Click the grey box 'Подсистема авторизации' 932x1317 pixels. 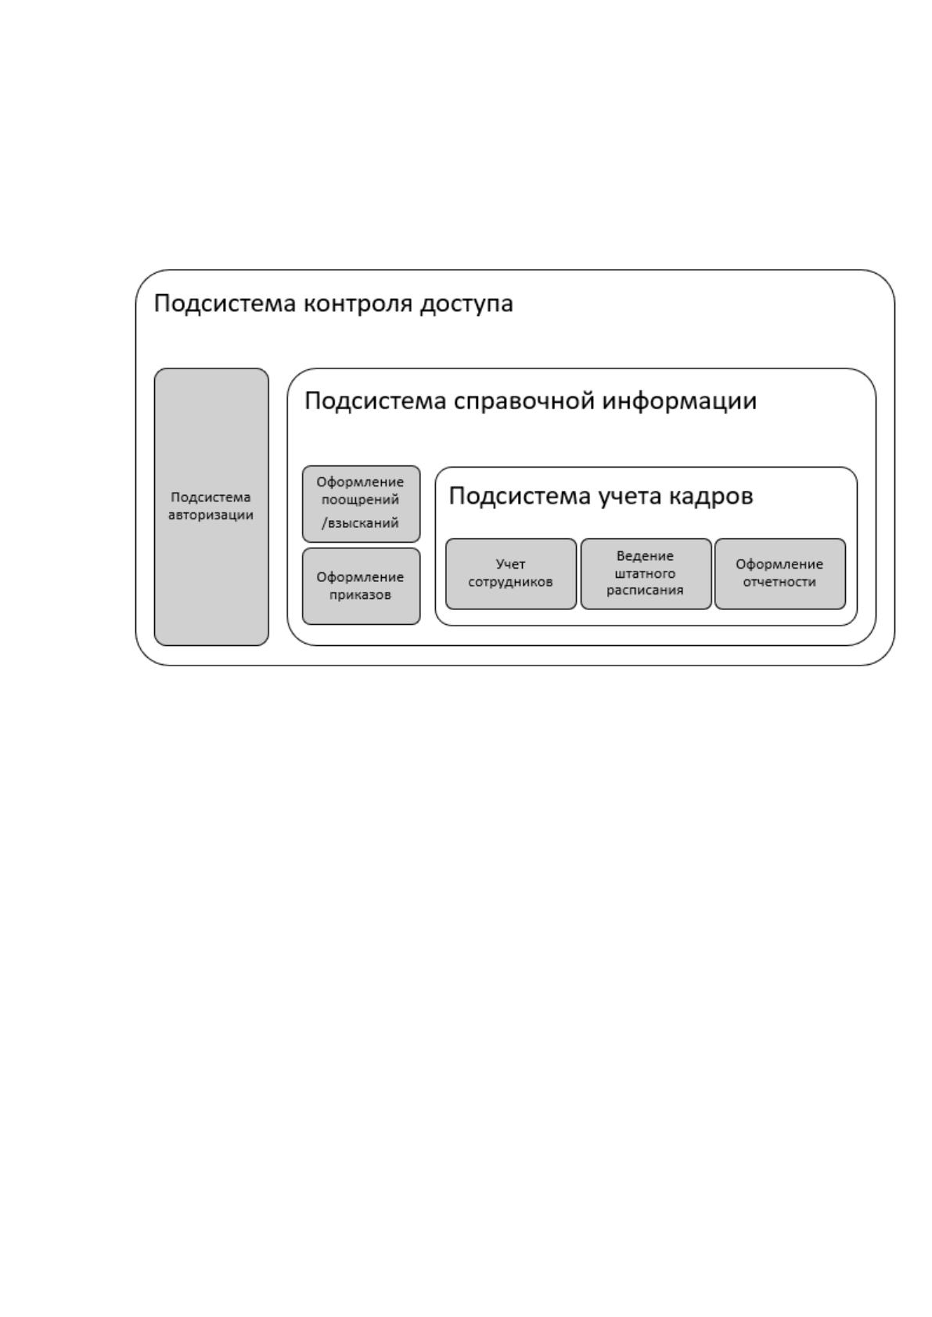pos(211,507)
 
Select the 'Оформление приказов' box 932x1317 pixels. pos(362,587)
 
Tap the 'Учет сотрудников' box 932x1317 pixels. pos(511,574)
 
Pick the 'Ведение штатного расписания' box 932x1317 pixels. pos(646,574)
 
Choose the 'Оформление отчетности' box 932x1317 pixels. pos(779,574)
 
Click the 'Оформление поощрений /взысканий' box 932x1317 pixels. pos(362,504)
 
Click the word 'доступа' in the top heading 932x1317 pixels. pos(466,305)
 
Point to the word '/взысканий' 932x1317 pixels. pos(360,522)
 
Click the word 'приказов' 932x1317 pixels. pos(360,594)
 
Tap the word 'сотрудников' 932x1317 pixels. pos(510,582)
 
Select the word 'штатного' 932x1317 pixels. pos(645,573)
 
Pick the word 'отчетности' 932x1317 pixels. pos(779,582)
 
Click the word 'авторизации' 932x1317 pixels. pos(211,515)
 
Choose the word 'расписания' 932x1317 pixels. pos(645,590)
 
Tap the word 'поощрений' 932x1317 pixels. pos(360,500)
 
